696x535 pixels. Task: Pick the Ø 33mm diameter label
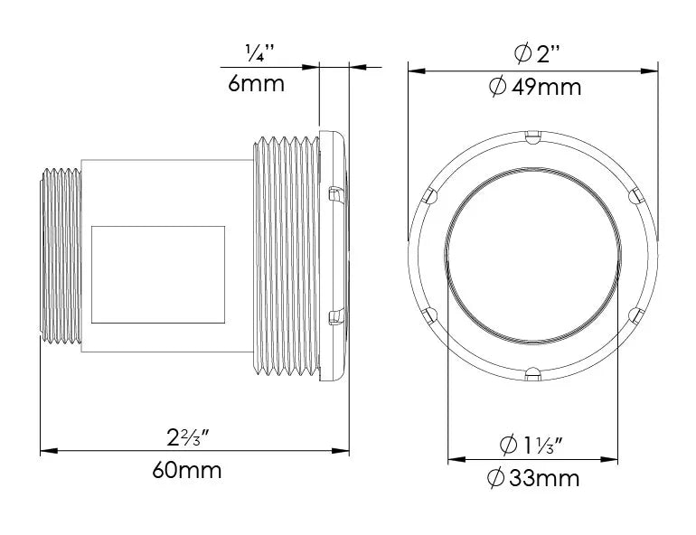coord(533,478)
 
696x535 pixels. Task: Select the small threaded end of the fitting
coord(61,253)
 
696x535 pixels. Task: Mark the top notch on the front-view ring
coord(533,137)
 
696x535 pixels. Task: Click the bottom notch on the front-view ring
coord(533,370)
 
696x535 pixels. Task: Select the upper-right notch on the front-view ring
coord(634,193)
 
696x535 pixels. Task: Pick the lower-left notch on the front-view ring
coord(430,314)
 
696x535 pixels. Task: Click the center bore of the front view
coord(533,254)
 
